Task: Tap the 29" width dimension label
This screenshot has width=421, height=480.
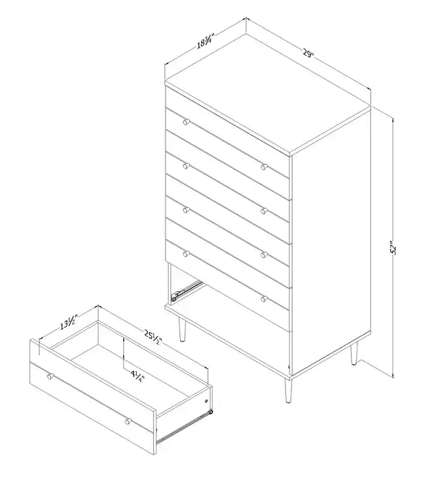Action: pos(308,53)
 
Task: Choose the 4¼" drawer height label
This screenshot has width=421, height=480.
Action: pos(137,376)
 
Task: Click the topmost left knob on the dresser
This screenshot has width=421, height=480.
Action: pos(186,122)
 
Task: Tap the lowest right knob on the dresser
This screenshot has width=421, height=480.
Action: pos(264,299)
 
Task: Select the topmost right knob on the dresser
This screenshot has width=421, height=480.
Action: pos(264,167)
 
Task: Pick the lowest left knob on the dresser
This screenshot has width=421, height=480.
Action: pos(186,254)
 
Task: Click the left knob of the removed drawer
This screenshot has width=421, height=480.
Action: pos(50,376)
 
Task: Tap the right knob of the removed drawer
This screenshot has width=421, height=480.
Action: pos(128,421)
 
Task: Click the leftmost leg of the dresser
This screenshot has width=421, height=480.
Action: pos(182,329)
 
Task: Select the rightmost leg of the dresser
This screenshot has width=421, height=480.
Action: pos(354,353)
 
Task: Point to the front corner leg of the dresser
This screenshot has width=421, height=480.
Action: pos(288,391)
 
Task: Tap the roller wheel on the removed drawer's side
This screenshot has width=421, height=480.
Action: pos(209,412)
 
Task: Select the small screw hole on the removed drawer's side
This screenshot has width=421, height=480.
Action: pos(206,401)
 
